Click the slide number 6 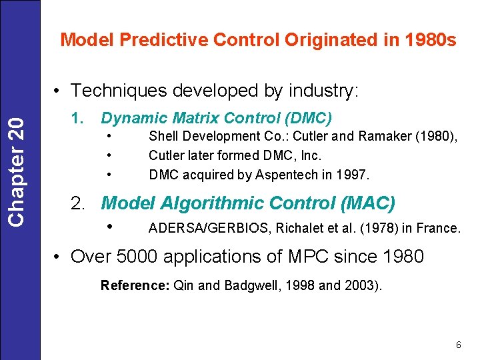458,345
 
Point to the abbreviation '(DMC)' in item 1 307,118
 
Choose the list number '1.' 77,118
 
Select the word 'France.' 439,229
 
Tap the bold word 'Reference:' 135,285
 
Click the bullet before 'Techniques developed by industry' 59,90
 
